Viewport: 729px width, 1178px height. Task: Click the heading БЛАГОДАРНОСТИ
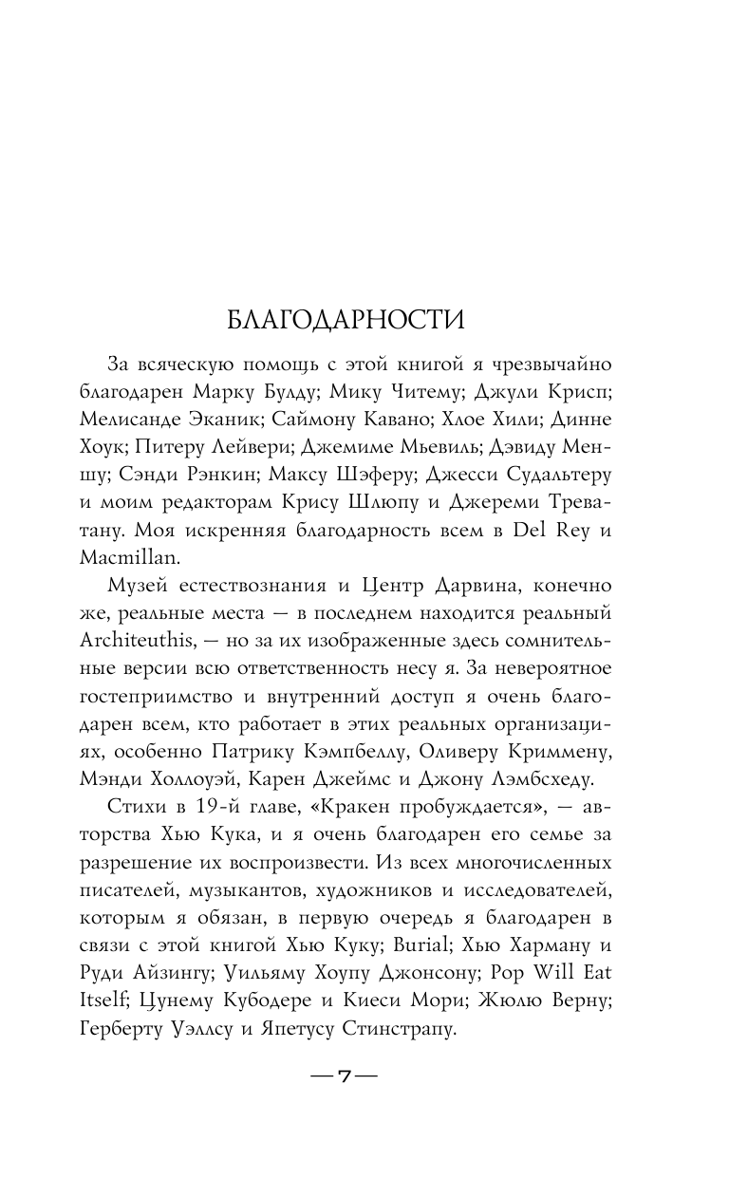coord(346,317)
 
